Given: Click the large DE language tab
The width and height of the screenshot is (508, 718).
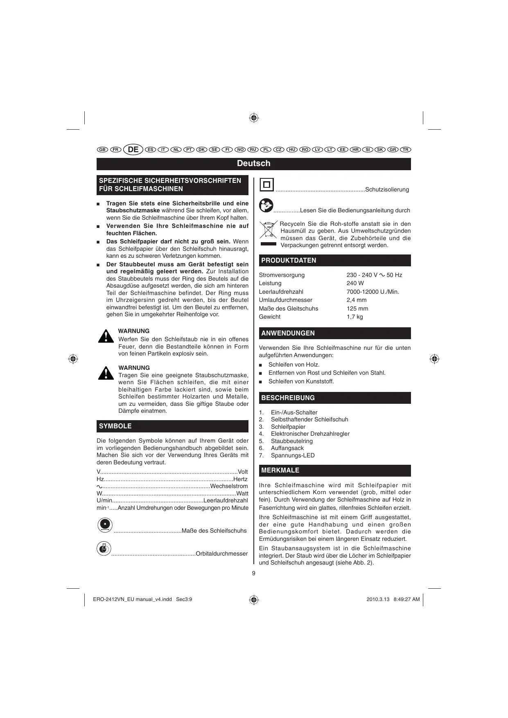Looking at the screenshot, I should click(x=133, y=150).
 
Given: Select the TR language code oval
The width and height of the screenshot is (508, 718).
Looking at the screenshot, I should click(x=406, y=150).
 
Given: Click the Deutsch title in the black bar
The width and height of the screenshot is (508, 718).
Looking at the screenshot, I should click(x=253, y=164).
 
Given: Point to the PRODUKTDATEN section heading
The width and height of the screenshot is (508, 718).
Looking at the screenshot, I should click(x=289, y=261).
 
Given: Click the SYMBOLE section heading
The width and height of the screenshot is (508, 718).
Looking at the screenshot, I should click(x=115, y=426).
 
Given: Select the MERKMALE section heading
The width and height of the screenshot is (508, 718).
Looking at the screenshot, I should click(x=280, y=470).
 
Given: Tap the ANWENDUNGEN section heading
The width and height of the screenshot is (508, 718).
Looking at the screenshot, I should click(x=288, y=333).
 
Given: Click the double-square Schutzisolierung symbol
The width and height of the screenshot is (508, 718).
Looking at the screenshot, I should click(x=267, y=185).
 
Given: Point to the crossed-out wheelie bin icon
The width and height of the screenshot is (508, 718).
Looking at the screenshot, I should click(x=268, y=230).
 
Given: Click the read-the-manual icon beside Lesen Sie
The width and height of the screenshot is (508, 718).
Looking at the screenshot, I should click(x=266, y=205).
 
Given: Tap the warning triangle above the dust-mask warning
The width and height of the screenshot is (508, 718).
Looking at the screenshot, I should click(x=106, y=373).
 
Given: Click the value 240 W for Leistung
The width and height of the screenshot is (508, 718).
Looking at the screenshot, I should click(x=355, y=283).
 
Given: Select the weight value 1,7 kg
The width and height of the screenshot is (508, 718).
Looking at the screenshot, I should click(x=354, y=317).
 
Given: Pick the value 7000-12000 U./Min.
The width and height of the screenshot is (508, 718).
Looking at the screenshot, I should click(x=373, y=292).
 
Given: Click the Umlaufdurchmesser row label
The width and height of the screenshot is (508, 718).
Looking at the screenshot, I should click(x=285, y=300).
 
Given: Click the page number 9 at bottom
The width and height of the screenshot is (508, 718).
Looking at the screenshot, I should click(x=253, y=573).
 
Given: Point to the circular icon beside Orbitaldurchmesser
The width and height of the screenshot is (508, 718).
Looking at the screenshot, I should click(x=104, y=549).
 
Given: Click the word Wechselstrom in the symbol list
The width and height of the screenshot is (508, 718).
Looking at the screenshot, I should click(x=229, y=486).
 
